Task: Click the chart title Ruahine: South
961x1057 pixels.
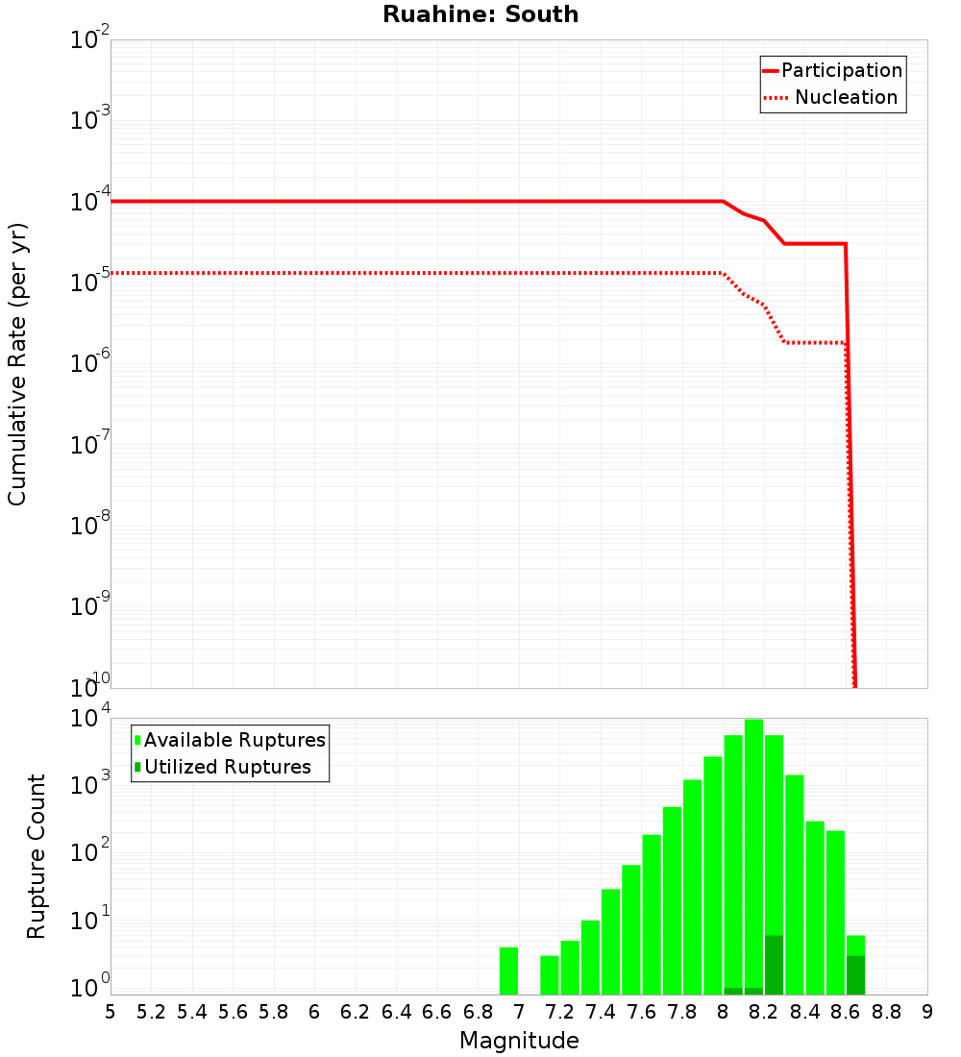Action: pos(480,14)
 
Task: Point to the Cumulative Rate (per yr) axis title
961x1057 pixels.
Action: pos(17,364)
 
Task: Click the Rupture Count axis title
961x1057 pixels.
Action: pos(37,856)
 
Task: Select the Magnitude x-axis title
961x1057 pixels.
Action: pos(519,1040)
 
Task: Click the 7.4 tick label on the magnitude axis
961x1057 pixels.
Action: pos(601,1012)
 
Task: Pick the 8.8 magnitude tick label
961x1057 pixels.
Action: pos(887,1012)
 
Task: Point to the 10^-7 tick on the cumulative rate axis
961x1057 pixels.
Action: pos(90,445)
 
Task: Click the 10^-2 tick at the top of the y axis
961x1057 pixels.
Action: pos(90,40)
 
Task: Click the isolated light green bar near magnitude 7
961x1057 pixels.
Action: pos(508,971)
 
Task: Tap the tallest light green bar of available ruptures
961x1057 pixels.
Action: pos(753,855)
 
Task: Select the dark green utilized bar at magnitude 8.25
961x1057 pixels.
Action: pos(774,965)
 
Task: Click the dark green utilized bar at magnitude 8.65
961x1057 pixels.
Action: pos(855,974)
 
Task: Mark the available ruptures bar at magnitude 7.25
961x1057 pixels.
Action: pos(570,968)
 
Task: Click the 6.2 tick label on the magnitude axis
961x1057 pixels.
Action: pos(356,1012)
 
